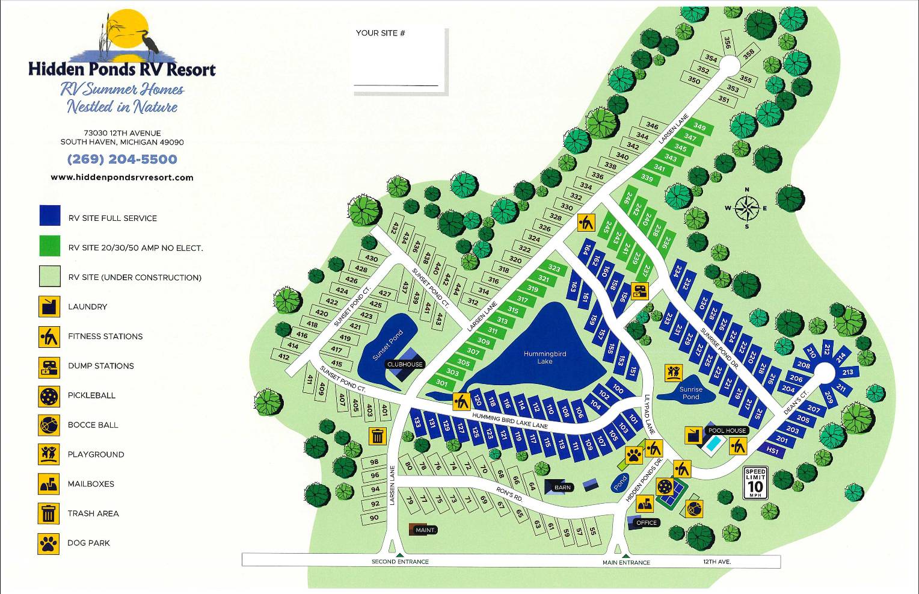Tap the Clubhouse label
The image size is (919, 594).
(x=405, y=364)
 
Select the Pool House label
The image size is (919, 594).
(x=727, y=430)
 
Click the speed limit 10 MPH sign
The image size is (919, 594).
(x=755, y=483)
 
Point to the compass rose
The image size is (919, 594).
(x=746, y=208)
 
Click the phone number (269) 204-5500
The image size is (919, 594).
(x=122, y=159)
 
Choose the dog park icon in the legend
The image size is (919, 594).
(x=49, y=543)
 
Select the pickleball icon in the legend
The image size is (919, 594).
(x=49, y=396)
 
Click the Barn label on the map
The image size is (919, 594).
(x=562, y=487)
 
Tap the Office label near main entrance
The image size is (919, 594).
(x=646, y=522)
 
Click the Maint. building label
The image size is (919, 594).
(x=425, y=530)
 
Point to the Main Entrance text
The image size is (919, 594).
(x=626, y=563)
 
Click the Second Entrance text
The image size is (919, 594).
(x=400, y=562)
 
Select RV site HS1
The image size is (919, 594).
(x=773, y=451)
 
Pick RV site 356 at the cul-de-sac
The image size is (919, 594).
(x=727, y=43)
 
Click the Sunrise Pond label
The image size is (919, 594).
(x=690, y=393)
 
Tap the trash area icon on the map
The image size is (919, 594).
(x=377, y=436)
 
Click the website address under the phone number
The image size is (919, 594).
(x=122, y=178)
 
